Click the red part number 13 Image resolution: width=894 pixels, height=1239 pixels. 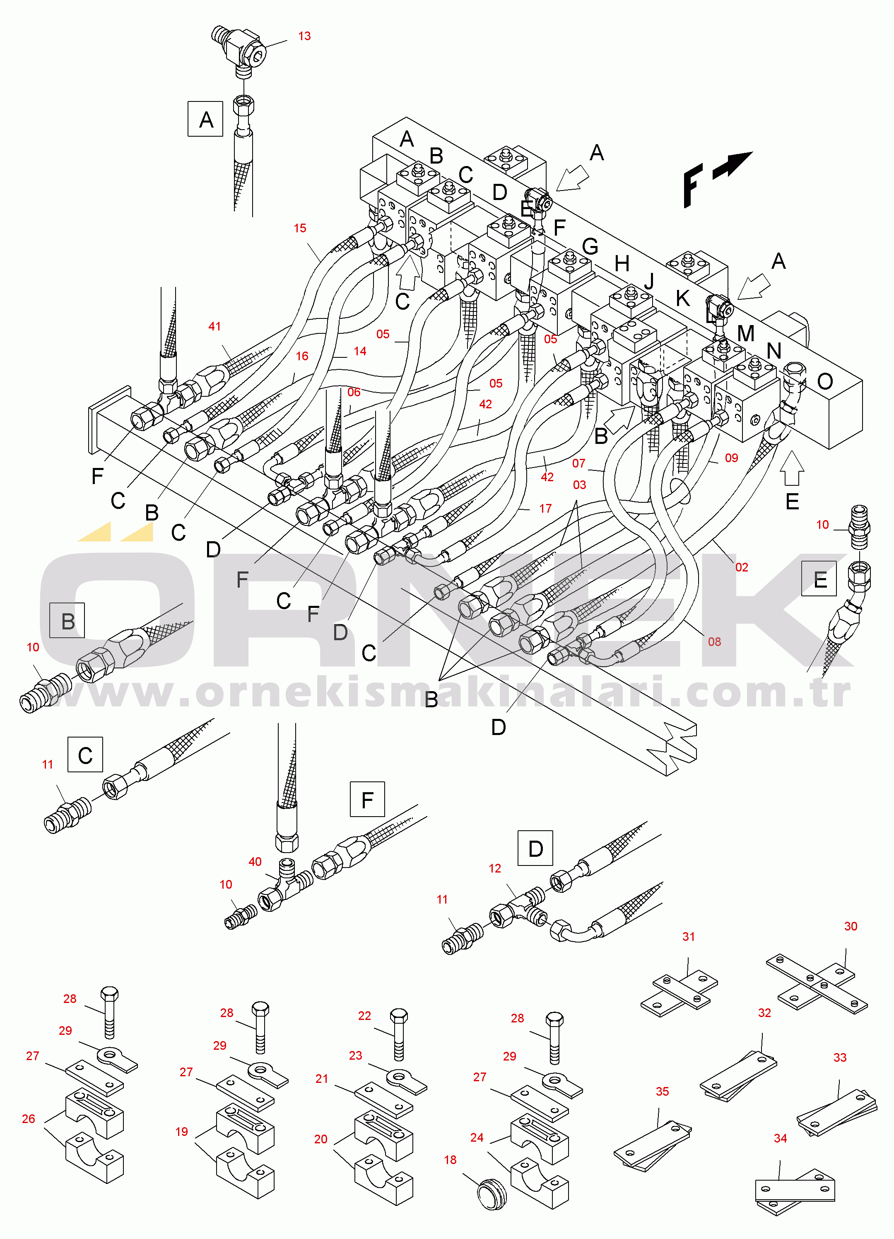[304, 36]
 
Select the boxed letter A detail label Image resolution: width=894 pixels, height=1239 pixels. [205, 119]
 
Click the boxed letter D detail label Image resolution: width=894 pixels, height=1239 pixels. [535, 848]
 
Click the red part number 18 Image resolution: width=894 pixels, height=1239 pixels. [450, 1160]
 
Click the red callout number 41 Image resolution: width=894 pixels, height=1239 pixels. [214, 326]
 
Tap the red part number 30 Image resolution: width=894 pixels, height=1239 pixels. [850, 926]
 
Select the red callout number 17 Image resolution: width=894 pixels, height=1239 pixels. [545, 509]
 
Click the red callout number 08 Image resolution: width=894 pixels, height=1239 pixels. [714, 642]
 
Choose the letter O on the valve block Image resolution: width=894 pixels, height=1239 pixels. [825, 381]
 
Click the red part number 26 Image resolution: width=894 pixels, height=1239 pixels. [29, 1119]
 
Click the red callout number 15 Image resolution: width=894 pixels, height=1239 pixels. [300, 228]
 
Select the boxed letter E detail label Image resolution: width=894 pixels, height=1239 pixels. [819, 579]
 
